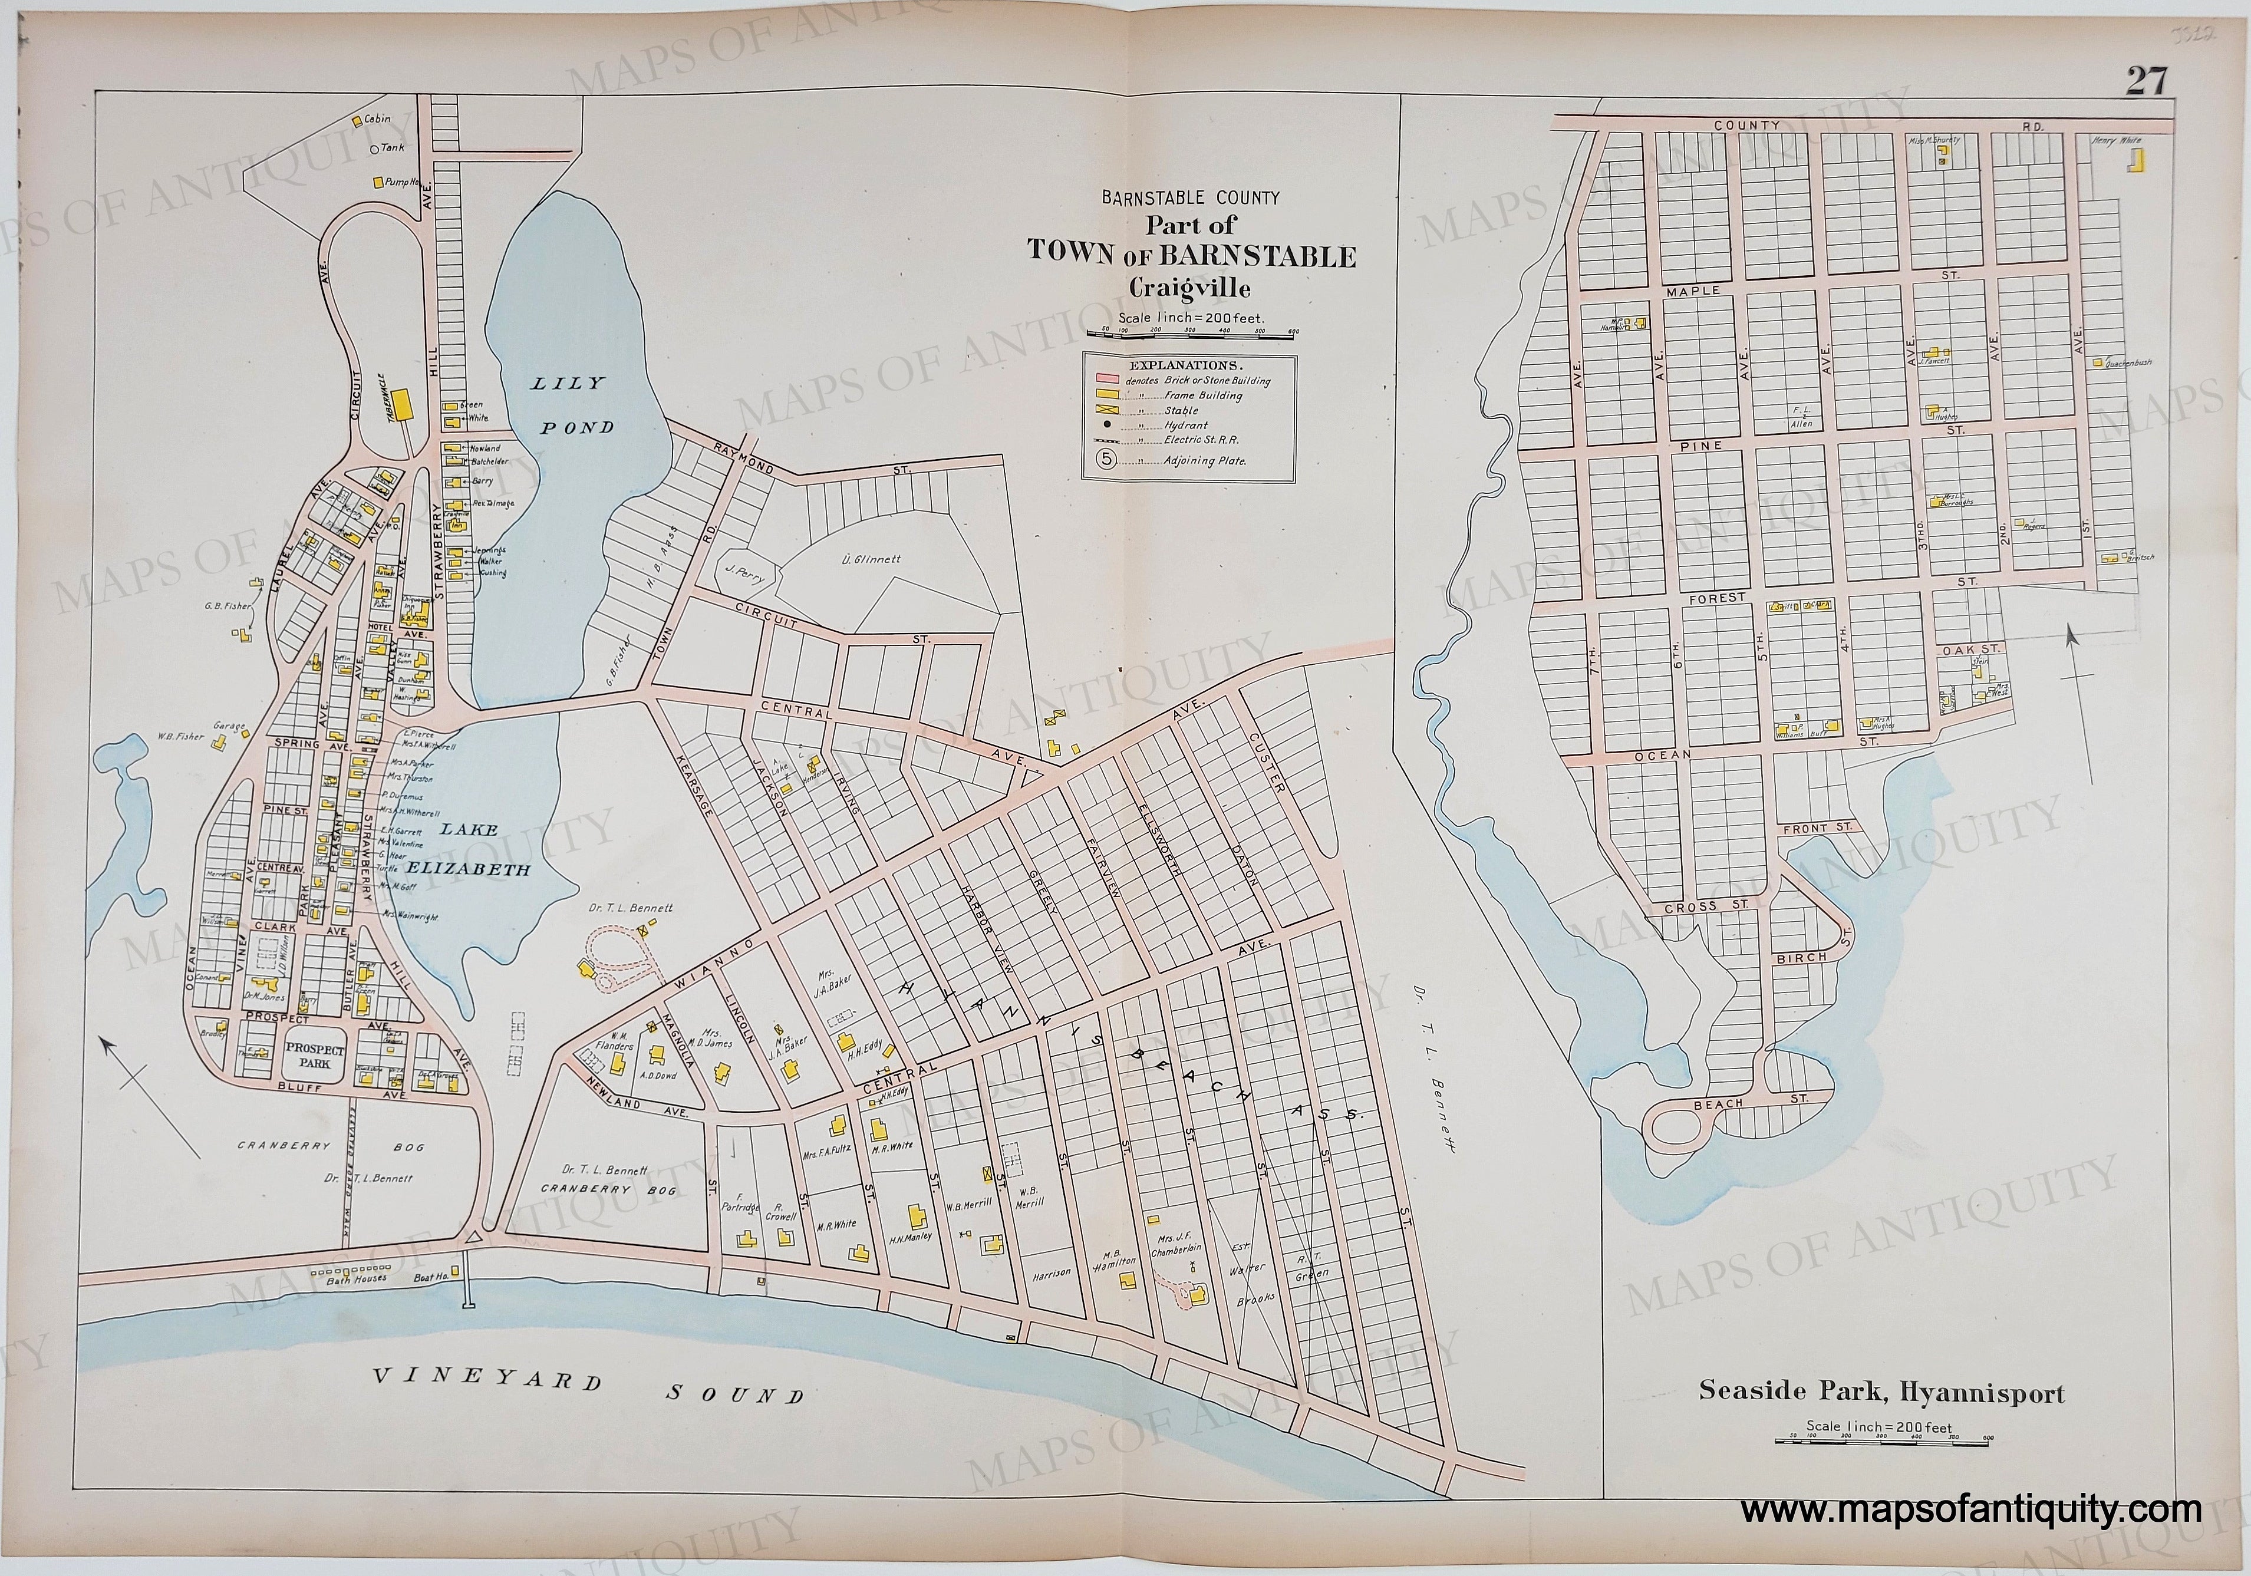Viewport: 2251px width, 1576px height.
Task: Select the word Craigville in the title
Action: coord(1189,288)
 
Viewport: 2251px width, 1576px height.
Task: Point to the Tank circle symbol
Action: coord(374,149)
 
